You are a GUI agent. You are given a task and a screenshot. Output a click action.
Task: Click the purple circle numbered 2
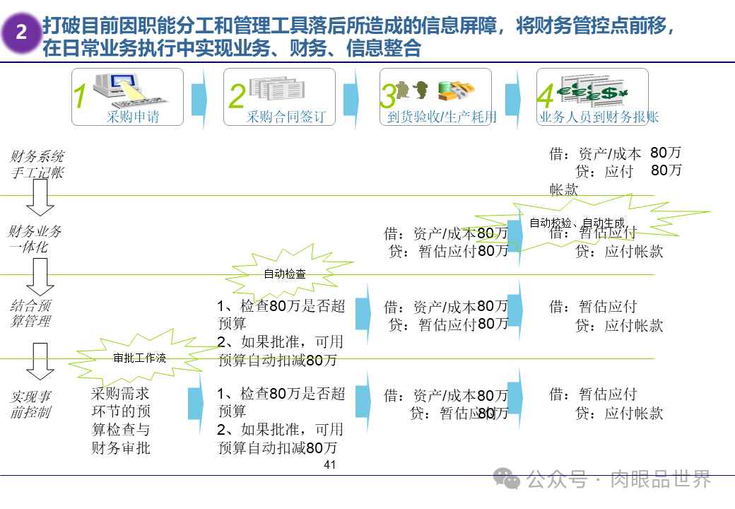pos(21,33)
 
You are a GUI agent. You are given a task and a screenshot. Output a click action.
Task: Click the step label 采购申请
pos(133,117)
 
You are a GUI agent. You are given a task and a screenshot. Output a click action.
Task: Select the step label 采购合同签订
pos(286,117)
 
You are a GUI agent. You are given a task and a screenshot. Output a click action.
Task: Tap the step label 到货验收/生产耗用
pos(442,117)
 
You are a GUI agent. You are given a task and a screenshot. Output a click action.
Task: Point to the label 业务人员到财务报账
pos(599,117)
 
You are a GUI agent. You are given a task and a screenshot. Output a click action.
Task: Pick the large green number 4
pos(545,97)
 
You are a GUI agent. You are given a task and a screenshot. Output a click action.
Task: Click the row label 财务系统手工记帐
pos(37,164)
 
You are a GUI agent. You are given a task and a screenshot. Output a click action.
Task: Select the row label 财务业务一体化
pos(35,239)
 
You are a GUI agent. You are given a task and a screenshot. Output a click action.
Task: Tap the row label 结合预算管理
pos(31,313)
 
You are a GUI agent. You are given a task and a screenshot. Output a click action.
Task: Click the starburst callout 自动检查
pos(285,274)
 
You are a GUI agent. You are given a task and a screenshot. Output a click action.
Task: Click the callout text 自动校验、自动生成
pos(578,223)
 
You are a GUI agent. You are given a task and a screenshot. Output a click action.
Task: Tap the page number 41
pos(329,464)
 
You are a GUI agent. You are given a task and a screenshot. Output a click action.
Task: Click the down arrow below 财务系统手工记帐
pos(41,197)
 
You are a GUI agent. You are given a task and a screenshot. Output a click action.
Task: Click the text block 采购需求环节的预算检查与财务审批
pos(121,421)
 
